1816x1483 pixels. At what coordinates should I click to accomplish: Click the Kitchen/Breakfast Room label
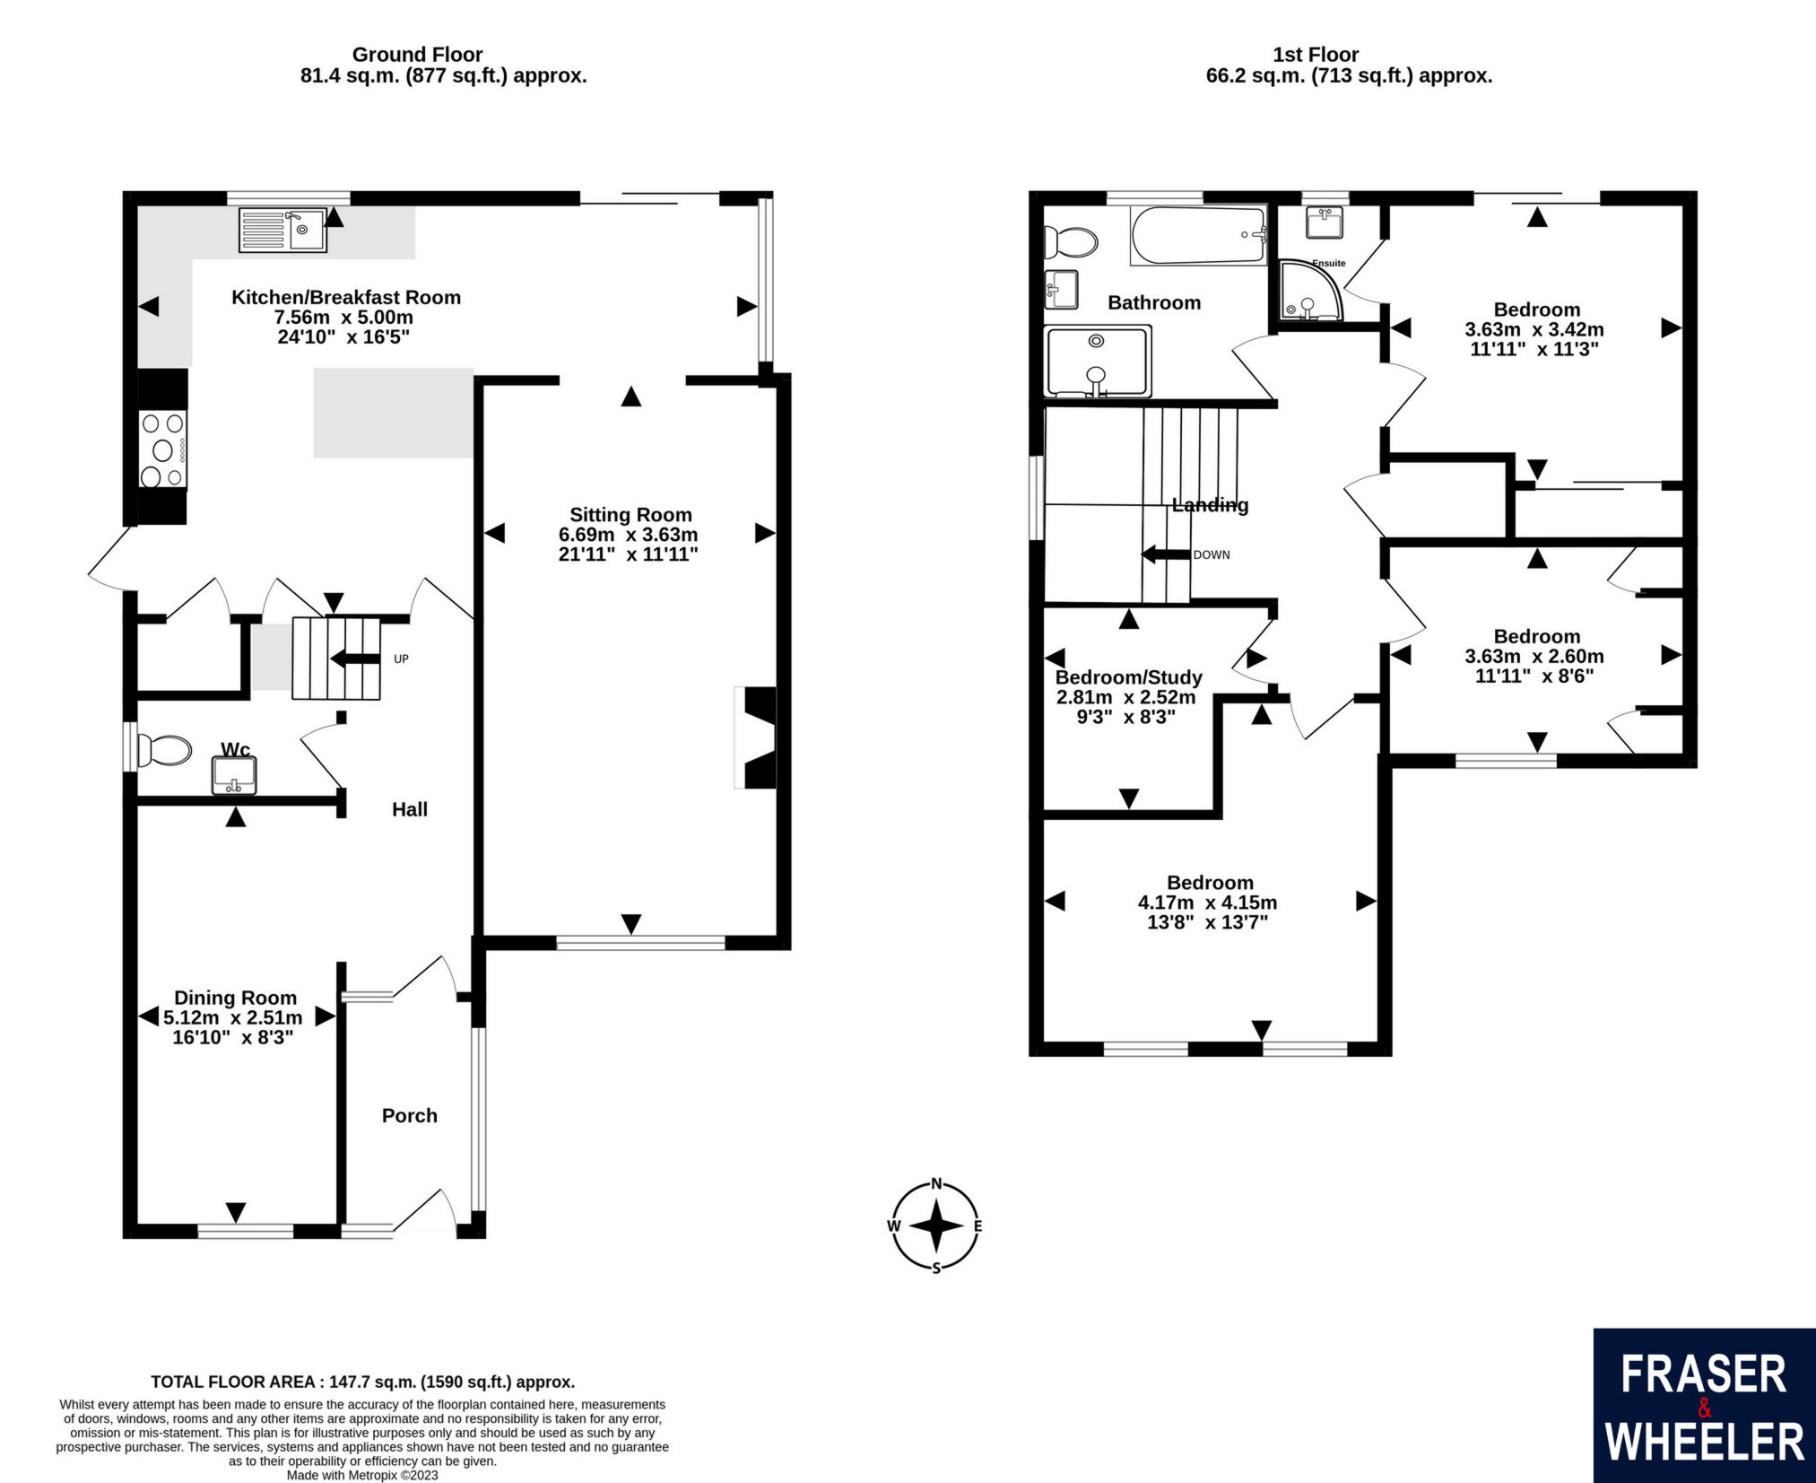pyautogui.click(x=346, y=298)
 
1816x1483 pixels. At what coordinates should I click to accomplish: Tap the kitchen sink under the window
pyautogui.click(x=282, y=230)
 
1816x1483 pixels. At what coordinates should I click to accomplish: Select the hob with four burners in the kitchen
pyautogui.click(x=163, y=449)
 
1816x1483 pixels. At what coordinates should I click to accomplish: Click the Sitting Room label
pyautogui.click(x=630, y=515)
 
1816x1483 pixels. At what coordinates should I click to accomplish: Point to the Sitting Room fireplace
pyautogui.click(x=755, y=737)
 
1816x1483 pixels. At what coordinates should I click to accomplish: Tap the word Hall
pyautogui.click(x=410, y=809)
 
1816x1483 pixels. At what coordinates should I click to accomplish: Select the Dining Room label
pyautogui.click(x=235, y=998)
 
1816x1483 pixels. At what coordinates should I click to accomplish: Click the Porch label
pyautogui.click(x=410, y=1115)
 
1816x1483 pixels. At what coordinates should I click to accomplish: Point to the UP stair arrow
pyautogui.click(x=354, y=659)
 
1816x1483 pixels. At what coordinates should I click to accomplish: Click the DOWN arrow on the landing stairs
pyautogui.click(x=1165, y=554)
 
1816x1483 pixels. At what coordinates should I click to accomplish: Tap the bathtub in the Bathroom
pyautogui.click(x=1199, y=235)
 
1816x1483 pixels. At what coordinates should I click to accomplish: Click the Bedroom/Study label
pyautogui.click(x=1128, y=677)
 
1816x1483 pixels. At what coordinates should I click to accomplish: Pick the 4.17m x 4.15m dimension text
pyautogui.click(x=1208, y=903)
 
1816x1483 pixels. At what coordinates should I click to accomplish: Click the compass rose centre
pyautogui.click(x=936, y=1226)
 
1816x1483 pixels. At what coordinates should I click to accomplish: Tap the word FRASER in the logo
pyautogui.click(x=1704, y=1375)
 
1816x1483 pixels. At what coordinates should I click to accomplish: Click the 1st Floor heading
pyautogui.click(x=1316, y=55)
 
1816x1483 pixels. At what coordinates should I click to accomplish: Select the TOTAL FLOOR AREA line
pyautogui.click(x=362, y=1382)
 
